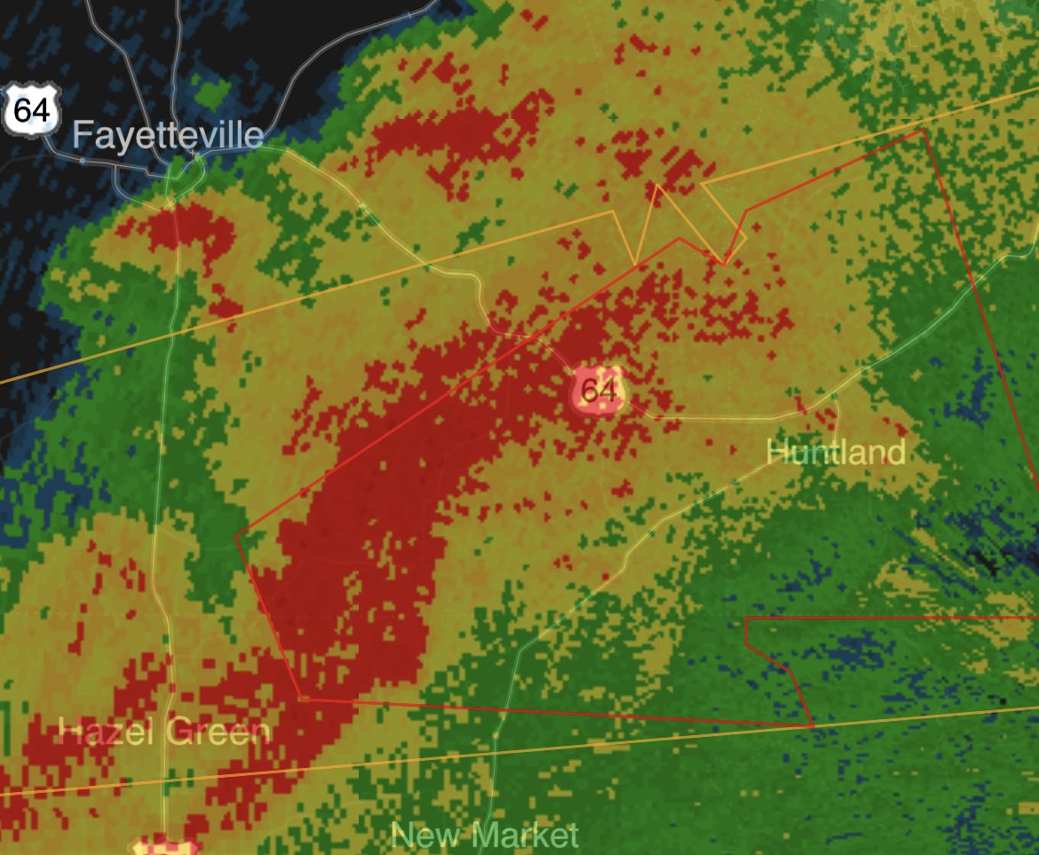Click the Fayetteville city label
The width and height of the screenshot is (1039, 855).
168,135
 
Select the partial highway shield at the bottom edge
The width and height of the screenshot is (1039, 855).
164,844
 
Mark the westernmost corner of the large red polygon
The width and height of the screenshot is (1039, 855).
235,535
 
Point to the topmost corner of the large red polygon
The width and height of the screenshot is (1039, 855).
924,130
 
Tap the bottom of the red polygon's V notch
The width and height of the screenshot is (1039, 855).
725,264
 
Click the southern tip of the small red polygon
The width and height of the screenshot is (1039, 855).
813,726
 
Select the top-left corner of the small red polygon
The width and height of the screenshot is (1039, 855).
746,618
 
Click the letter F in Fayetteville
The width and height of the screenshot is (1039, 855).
81,136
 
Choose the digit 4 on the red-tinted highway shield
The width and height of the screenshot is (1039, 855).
608,390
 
